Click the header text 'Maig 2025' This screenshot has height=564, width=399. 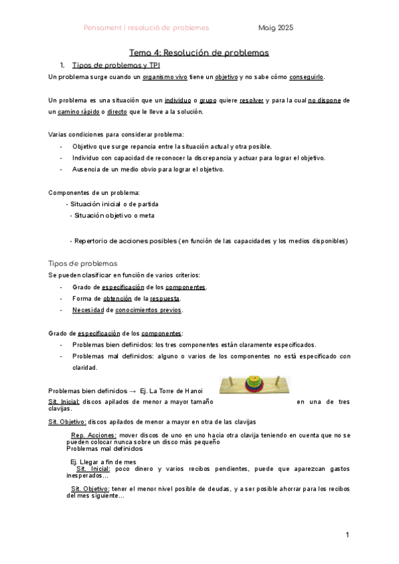[x=276, y=28]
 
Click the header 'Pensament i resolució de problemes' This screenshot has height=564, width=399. [x=146, y=28]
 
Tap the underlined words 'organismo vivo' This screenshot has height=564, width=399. [x=166, y=77]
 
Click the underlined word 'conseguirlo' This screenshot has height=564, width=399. [x=307, y=77]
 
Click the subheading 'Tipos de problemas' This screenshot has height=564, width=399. [x=83, y=263]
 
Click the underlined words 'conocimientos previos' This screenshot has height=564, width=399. [x=148, y=310]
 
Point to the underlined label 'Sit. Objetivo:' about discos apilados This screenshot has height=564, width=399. [x=66, y=422]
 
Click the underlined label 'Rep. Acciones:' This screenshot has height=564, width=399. [x=93, y=435]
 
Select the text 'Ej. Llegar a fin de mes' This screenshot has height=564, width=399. [x=103, y=462]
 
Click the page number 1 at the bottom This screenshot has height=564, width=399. [x=347, y=535]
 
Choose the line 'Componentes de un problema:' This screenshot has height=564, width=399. [x=94, y=192]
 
